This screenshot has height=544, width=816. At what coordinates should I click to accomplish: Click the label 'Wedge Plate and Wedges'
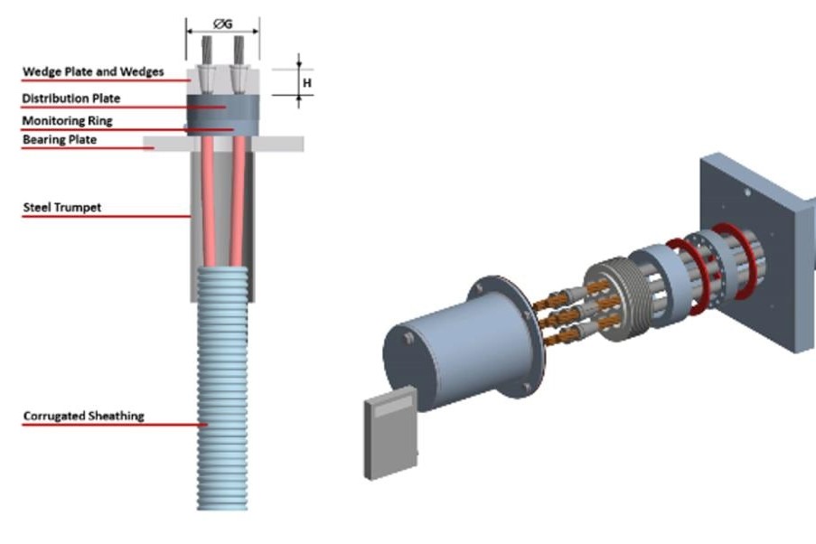pyautogui.click(x=92, y=72)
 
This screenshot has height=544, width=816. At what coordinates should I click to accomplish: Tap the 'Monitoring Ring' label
pyautogui.click(x=68, y=120)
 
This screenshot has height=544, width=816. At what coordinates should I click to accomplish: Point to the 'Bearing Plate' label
pyautogui.click(x=60, y=140)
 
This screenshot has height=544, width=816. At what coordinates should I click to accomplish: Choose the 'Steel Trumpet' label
pyautogui.click(x=61, y=208)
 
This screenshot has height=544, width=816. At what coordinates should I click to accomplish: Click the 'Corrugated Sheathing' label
pyautogui.click(x=83, y=416)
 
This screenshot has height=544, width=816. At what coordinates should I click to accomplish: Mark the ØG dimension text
pyautogui.click(x=222, y=24)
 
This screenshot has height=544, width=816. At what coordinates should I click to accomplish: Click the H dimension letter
pyautogui.click(x=307, y=81)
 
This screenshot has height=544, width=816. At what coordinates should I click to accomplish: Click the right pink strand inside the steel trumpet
pyautogui.click(x=238, y=199)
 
